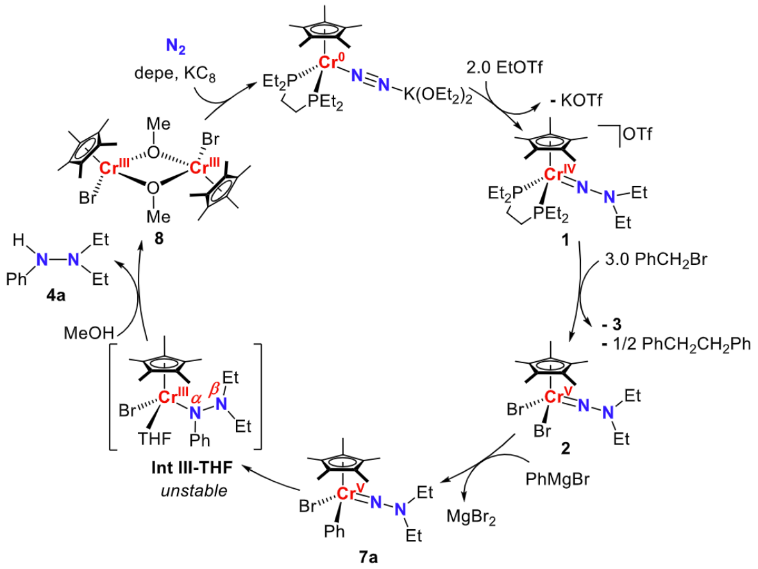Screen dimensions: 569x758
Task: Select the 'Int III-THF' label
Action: point(184,471)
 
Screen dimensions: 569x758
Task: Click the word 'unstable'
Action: point(185,491)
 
